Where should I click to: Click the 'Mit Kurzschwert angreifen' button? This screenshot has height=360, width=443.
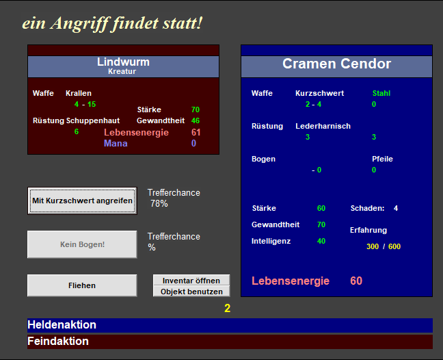tap(82, 201)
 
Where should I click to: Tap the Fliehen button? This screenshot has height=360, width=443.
tap(82, 285)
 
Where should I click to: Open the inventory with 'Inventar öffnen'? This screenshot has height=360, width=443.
tap(191, 280)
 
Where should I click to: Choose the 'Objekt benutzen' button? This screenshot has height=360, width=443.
tap(191, 292)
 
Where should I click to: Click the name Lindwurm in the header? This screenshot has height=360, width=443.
tap(123, 62)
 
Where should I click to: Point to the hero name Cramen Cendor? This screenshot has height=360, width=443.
tap(336, 64)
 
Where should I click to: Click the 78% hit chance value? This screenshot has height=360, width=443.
tap(159, 203)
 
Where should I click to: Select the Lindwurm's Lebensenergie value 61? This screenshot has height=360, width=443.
tap(196, 132)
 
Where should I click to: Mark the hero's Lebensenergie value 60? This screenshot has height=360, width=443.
tap(356, 281)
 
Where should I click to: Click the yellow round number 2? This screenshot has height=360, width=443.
tap(228, 308)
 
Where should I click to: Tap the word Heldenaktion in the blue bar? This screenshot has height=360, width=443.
tap(62, 324)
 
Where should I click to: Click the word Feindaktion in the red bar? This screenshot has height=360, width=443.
tap(58, 341)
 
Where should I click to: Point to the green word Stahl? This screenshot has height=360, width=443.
tap(381, 93)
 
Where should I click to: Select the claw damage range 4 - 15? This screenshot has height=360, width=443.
tap(85, 104)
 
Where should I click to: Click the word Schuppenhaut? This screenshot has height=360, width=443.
tap(93, 120)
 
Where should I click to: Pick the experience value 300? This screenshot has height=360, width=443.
tap(373, 246)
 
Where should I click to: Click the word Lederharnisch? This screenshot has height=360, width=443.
tap(323, 126)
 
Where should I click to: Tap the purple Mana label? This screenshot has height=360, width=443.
tap(116, 143)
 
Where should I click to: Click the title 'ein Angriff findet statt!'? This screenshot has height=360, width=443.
tap(112, 23)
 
